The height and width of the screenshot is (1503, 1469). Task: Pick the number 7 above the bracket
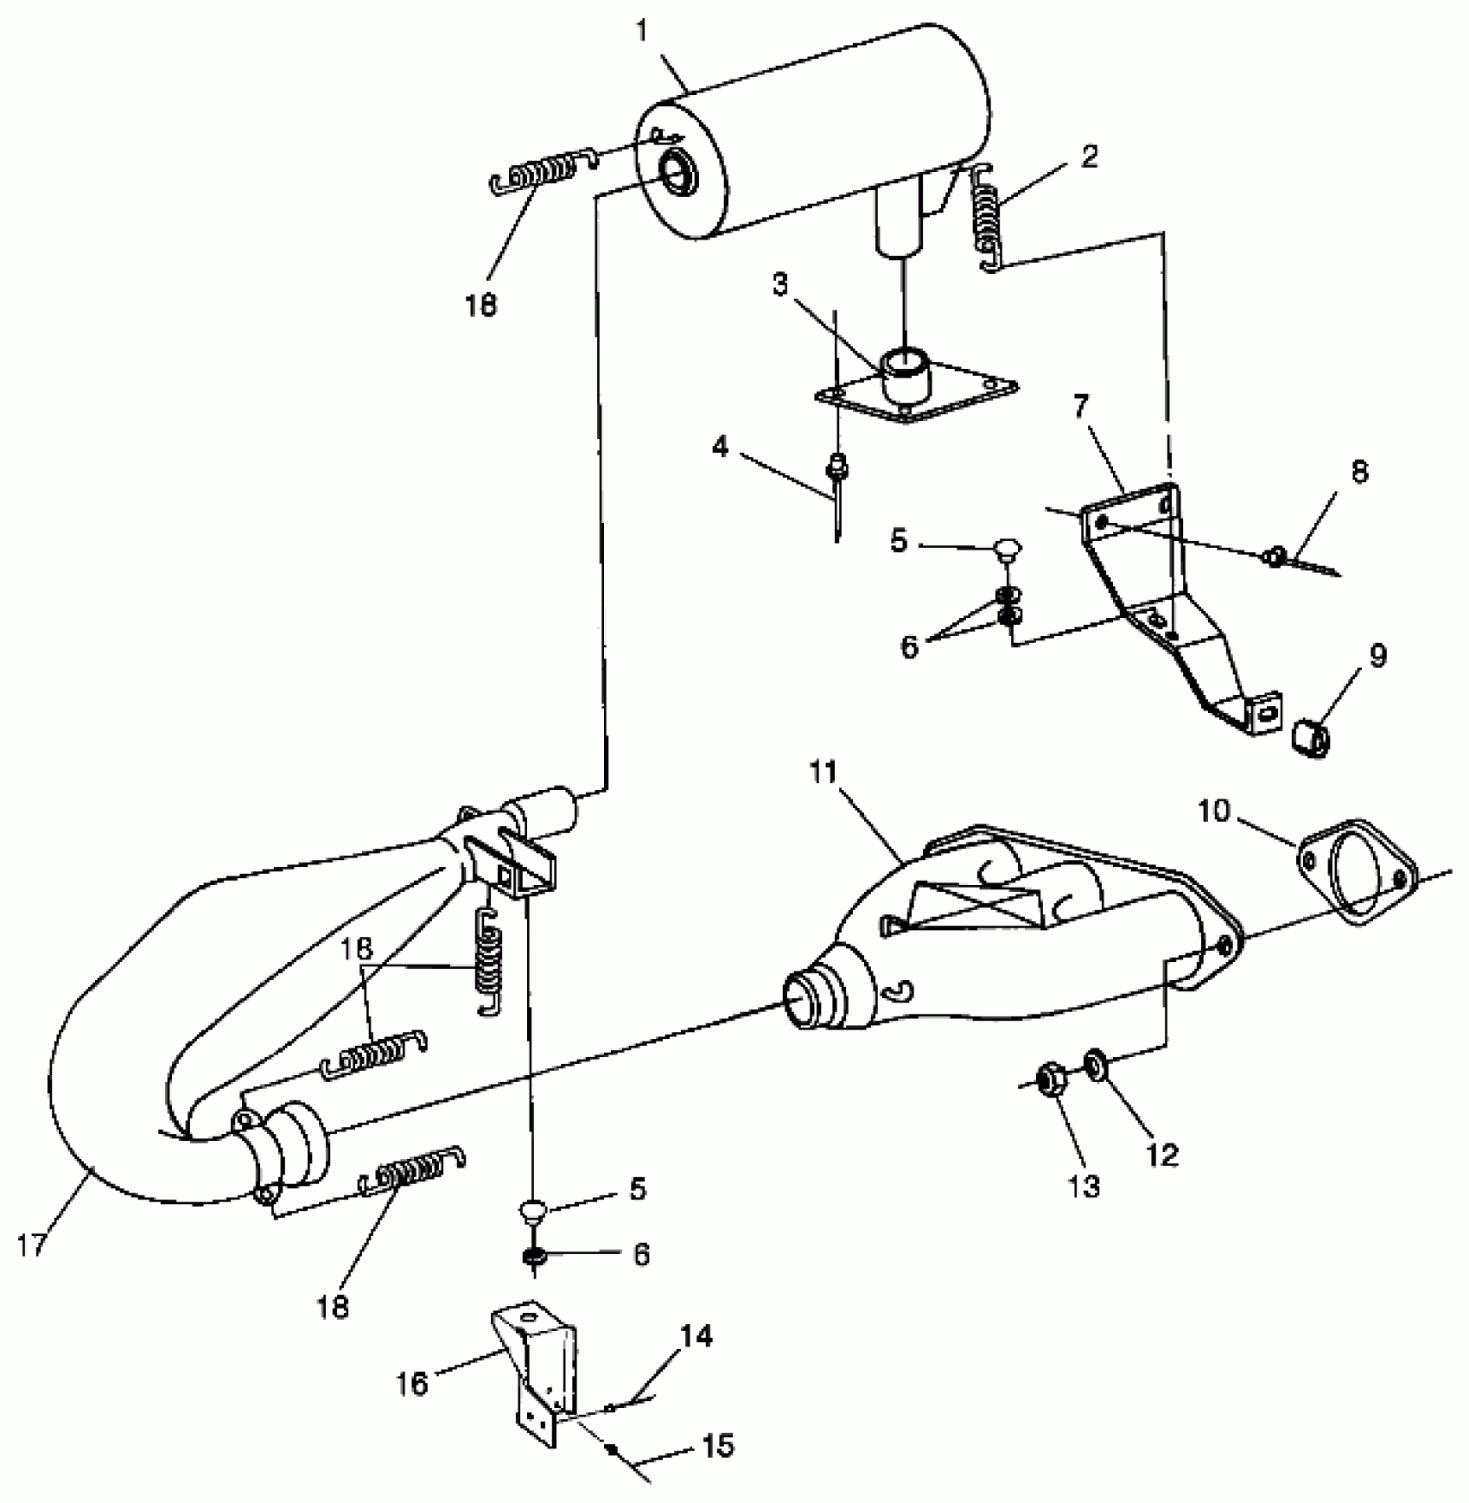click(1082, 406)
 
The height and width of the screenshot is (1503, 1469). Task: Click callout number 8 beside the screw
click(1359, 472)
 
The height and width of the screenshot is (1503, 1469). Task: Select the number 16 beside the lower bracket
click(412, 1384)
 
